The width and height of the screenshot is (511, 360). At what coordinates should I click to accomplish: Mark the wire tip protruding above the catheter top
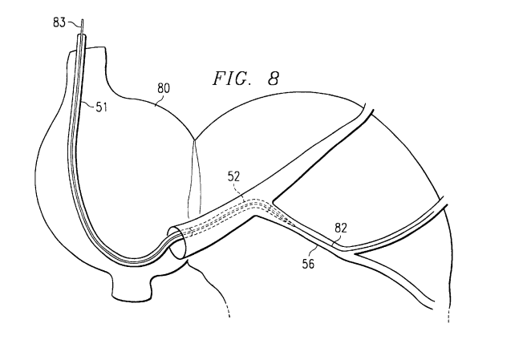(x=80, y=32)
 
